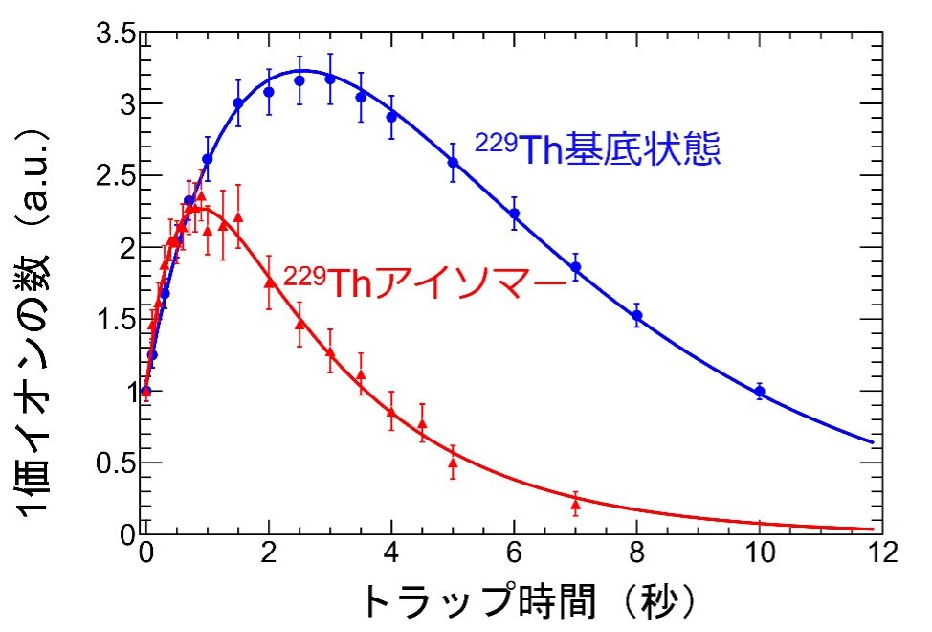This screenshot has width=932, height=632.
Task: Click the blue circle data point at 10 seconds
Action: pos(760,391)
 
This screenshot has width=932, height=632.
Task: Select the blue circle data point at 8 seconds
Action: pos(637,315)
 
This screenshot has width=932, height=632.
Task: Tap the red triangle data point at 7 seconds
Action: pos(575,503)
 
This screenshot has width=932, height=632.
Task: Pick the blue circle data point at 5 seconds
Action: pos(453,162)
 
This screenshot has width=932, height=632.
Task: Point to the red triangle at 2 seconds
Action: pos(269,282)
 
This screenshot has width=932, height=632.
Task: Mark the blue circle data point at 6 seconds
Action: pos(514,213)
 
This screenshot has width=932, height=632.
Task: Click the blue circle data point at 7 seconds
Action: pos(575,267)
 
